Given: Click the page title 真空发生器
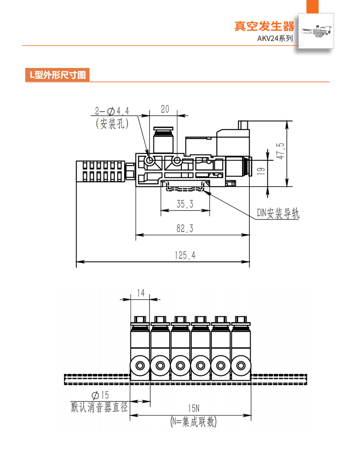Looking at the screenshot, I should (x=264, y=26).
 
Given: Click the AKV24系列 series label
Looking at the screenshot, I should (x=274, y=39).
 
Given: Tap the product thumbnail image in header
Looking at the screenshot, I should (x=317, y=31).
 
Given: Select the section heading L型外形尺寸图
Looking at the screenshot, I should (x=57, y=75).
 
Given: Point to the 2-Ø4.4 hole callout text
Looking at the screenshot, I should (x=112, y=111).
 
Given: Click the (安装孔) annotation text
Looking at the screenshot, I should (x=112, y=123).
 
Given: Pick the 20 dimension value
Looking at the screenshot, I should (x=165, y=109).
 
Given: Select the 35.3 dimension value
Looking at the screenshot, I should (x=184, y=204).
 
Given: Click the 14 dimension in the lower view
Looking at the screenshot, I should (x=140, y=293).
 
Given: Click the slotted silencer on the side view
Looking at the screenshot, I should (x=99, y=171).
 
